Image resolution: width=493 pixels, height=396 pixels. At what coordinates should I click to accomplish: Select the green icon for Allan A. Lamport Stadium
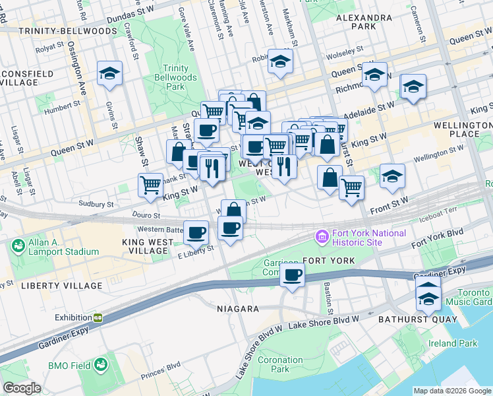tap(17, 247)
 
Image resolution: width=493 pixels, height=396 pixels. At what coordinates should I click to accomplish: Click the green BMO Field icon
tap(101, 364)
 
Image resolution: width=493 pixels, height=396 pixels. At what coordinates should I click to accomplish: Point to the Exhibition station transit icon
tap(97, 317)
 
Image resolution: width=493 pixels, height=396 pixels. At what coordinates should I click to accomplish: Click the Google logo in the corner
tap(22, 388)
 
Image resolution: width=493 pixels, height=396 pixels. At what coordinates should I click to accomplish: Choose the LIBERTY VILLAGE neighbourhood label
tap(61, 286)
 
